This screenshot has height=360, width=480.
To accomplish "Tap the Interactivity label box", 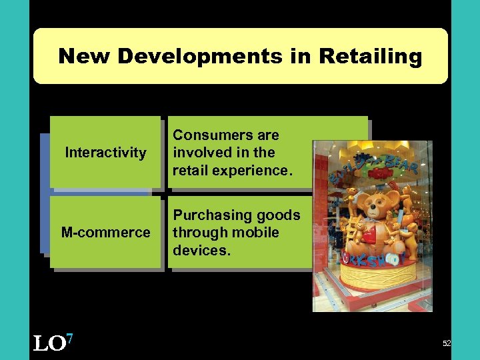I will (x=105, y=153).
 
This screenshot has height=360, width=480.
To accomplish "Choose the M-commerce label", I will (x=105, y=233).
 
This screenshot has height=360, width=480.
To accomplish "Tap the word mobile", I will (x=256, y=233).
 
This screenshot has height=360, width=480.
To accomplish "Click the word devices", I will (x=200, y=251).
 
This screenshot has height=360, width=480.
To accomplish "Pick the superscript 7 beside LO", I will (x=69, y=339).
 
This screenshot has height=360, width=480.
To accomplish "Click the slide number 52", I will (x=446, y=343).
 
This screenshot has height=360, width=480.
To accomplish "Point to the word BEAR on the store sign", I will (x=403, y=163).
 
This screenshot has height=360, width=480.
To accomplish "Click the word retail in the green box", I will (x=191, y=171).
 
